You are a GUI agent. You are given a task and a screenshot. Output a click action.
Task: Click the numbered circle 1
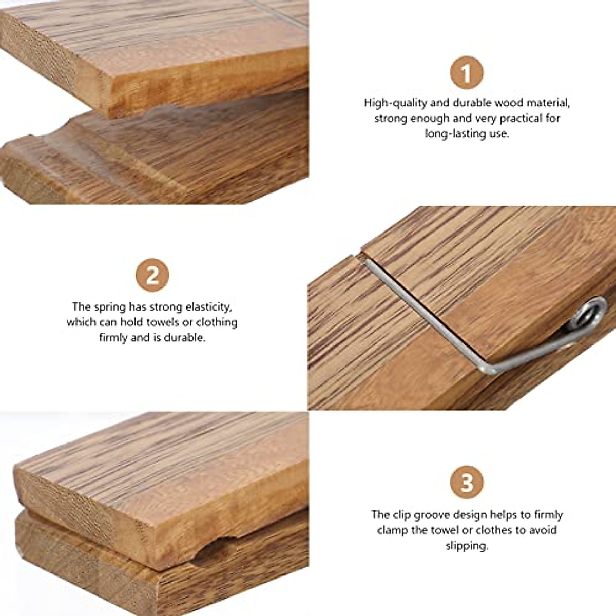pyautogui.click(x=467, y=73)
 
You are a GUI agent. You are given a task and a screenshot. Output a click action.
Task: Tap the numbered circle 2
pyautogui.click(x=152, y=276)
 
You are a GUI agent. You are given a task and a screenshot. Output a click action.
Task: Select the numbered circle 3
pyautogui.click(x=467, y=483)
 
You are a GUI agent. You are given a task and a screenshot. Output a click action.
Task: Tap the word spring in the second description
pyautogui.click(x=110, y=307)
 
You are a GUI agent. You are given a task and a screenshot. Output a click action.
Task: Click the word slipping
pyautogui.click(x=467, y=546)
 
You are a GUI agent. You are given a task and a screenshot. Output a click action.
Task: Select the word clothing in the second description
pyautogui.click(x=217, y=322)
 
